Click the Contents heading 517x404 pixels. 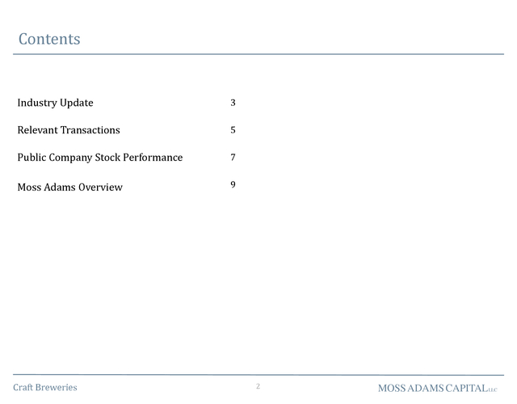click(49, 39)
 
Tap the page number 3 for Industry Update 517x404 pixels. click(233, 103)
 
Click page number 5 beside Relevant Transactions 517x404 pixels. click(233, 130)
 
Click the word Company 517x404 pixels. click(70, 158)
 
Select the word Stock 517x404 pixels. click(107, 158)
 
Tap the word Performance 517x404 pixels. click(153, 158)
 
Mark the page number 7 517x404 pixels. click(233, 158)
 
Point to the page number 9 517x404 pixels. click(233, 184)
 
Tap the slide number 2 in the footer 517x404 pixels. click(258, 386)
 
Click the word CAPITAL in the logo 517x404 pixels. click(467, 388)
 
